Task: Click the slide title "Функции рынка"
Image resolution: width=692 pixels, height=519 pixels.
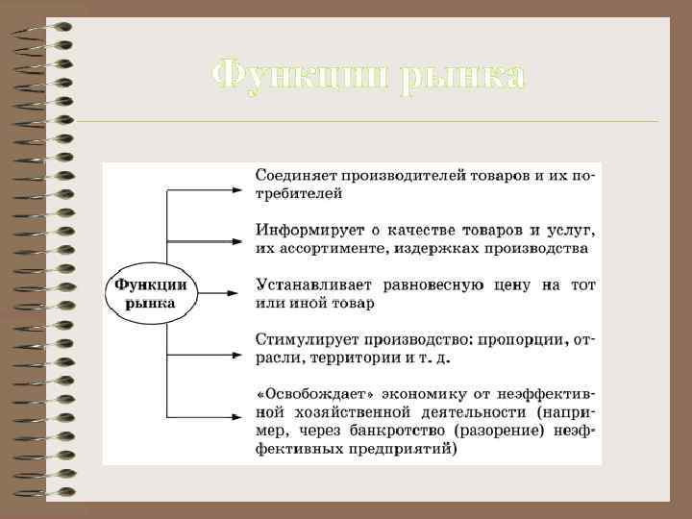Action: point(368,74)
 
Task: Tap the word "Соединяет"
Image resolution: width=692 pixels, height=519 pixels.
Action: point(287,177)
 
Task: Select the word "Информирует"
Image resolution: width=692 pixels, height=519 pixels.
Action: point(299,232)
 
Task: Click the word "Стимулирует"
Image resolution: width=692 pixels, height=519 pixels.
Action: point(299,340)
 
